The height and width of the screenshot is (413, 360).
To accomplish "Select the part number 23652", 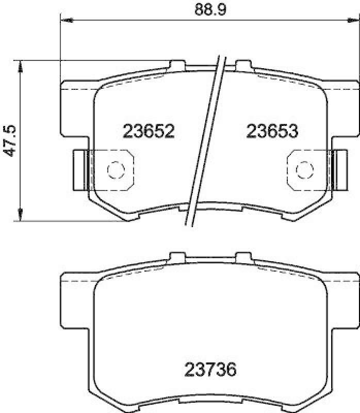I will tap(149, 131).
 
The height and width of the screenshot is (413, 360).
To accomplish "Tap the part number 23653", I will tap(272, 131).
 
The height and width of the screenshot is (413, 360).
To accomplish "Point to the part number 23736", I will tap(210, 370).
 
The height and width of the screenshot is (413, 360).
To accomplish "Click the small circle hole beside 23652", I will tap(115, 169).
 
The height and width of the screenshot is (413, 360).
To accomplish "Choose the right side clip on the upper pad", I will tap(339, 169).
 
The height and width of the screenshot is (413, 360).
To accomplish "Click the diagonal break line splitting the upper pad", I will tap(208, 139).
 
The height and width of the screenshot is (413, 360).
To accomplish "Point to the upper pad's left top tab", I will tap(177, 65).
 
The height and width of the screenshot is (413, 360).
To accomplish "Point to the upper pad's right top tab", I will tap(242, 65).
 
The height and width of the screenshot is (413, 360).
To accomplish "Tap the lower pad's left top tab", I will tap(177, 256).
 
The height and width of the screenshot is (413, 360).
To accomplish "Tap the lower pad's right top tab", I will tap(242, 256).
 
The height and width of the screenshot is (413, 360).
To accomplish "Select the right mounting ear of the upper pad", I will tap(343, 108).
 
